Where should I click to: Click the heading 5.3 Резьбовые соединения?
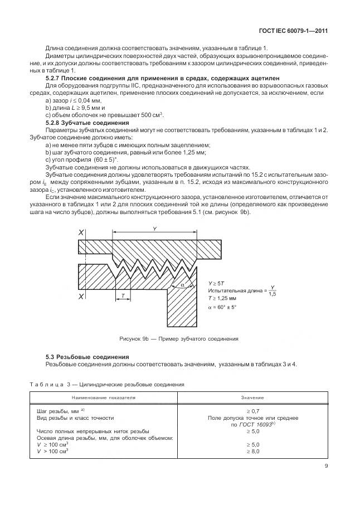[86, 356]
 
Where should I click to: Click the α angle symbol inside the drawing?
[182, 285]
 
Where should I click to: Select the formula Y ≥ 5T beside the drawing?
[216, 283]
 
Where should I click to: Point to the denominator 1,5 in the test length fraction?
[271, 294]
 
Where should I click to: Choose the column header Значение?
[252, 398]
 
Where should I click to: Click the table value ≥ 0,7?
[252, 410]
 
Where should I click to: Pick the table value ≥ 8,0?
[252, 451]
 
